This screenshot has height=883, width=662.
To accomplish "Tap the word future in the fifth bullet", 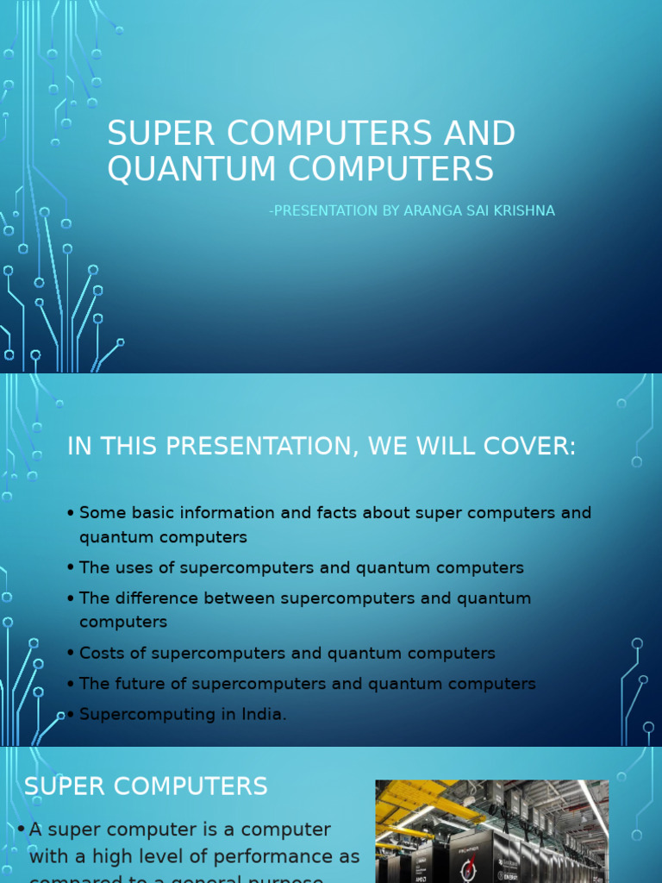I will tap(135, 684).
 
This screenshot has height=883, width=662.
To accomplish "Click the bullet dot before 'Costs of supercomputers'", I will tap(70, 654).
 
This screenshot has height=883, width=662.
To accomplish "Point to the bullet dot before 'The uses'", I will tap(70, 569).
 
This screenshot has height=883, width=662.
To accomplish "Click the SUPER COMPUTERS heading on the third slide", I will tap(146, 786).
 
